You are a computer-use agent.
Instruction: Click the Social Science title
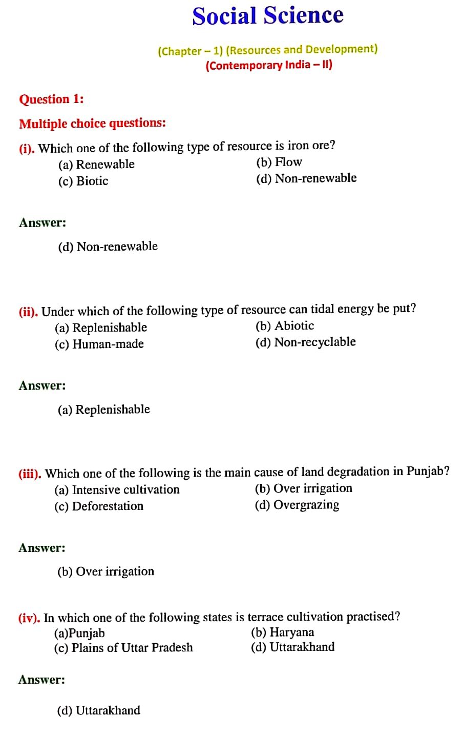pos(268,16)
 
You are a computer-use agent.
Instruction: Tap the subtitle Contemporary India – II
pos(269,65)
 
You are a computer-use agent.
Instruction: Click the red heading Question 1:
pos(51,99)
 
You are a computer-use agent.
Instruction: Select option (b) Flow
pos(279,162)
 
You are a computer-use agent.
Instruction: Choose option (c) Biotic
pos(83,181)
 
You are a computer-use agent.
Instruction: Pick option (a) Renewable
pos(96,165)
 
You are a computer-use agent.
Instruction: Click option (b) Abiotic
pos(285,326)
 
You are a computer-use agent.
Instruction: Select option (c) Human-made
pos(99,344)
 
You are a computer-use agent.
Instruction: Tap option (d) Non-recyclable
pos(305,342)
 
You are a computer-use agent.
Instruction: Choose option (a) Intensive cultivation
pos(117,490)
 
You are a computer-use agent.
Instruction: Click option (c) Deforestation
pos(99,506)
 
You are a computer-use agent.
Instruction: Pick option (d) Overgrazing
pos(297,505)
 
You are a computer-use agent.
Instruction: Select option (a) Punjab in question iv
pos(79,633)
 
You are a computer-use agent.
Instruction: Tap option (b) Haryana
pos(282,632)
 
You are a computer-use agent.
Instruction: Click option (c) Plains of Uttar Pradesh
pos(123,648)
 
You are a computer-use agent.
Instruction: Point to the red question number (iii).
pos(30,474)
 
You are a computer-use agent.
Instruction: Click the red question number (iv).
pos(29,618)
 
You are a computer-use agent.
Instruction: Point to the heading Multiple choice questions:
pos(92,124)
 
